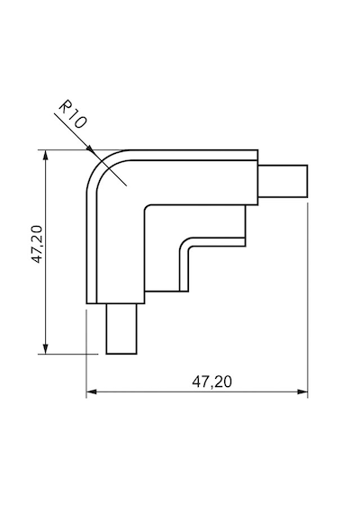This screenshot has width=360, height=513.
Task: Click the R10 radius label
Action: click(73, 114)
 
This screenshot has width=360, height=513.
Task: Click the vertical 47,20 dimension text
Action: click(37, 244)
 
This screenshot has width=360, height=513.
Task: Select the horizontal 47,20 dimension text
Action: click(211, 382)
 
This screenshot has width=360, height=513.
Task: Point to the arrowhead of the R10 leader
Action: click(91, 151)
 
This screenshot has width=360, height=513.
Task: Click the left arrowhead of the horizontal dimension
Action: click(92, 391)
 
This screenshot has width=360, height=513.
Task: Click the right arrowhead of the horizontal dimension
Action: click(302, 391)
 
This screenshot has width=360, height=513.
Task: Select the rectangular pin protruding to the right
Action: click(283, 181)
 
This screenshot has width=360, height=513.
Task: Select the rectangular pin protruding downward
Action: click(121, 328)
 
